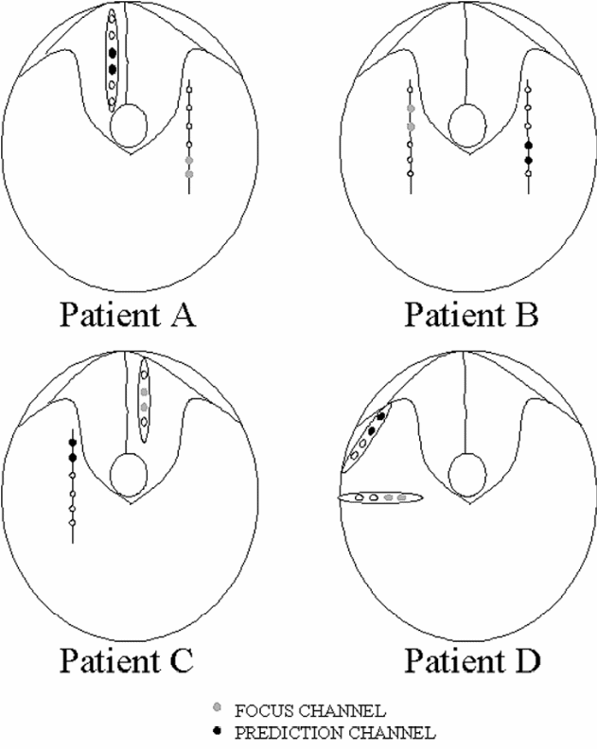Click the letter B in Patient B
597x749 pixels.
(526, 313)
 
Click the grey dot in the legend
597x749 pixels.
(219, 707)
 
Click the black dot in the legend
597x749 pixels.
(219, 731)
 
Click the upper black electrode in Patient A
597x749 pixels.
(113, 53)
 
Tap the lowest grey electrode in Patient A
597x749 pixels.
(190, 175)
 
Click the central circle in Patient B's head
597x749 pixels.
(466, 123)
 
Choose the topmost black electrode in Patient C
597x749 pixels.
(73, 442)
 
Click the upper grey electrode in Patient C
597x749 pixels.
(144, 377)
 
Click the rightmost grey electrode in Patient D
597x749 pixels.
(402, 496)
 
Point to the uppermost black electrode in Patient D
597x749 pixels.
(381, 415)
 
